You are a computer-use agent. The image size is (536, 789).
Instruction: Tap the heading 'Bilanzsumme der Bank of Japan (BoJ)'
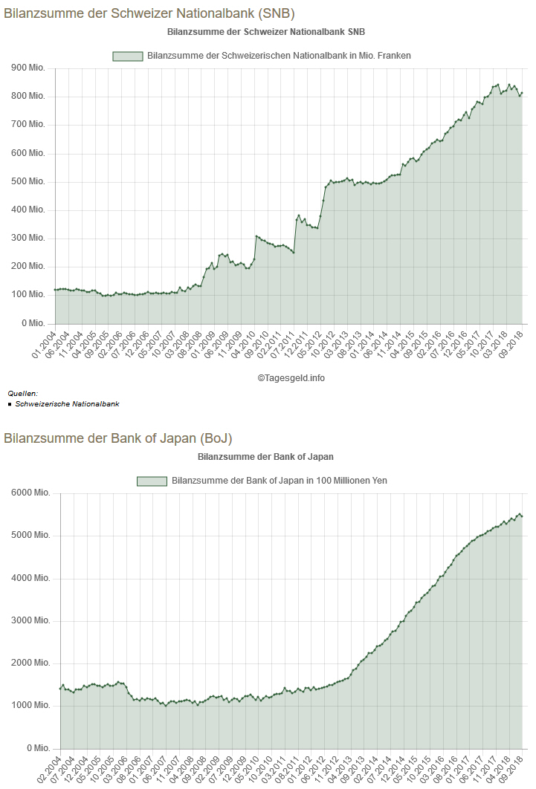pyautogui.click(x=123, y=438)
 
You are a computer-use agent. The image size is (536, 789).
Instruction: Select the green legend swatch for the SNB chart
pyautogui.click(x=127, y=56)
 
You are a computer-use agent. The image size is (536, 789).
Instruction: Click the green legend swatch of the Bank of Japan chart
pyautogui.click(x=152, y=481)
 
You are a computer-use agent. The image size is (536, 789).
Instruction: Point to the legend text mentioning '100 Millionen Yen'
pyautogui.click(x=279, y=481)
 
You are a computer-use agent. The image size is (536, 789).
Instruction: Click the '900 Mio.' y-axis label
pyautogui.click(x=29, y=68)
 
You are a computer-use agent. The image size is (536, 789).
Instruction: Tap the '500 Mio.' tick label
pyautogui.click(x=29, y=182)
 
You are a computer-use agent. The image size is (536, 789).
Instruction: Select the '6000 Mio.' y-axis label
pyautogui.click(x=30, y=493)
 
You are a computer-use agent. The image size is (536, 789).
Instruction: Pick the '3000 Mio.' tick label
pyautogui.click(x=30, y=621)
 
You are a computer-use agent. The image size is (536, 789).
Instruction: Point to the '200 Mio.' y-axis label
pyautogui.click(x=29, y=267)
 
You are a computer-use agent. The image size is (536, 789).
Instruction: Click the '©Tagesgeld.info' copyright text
pyautogui.click(x=291, y=377)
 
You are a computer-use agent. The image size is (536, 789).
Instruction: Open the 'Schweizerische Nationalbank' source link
pyautogui.click(x=67, y=404)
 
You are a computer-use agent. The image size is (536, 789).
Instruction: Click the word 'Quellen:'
pyautogui.click(x=22, y=394)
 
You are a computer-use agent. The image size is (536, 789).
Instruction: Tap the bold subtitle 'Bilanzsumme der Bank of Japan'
pyautogui.click(x=265, y=456)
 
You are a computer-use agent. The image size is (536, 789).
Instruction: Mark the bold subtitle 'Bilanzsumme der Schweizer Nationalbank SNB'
pyautogui.click(x=265, y=32)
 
